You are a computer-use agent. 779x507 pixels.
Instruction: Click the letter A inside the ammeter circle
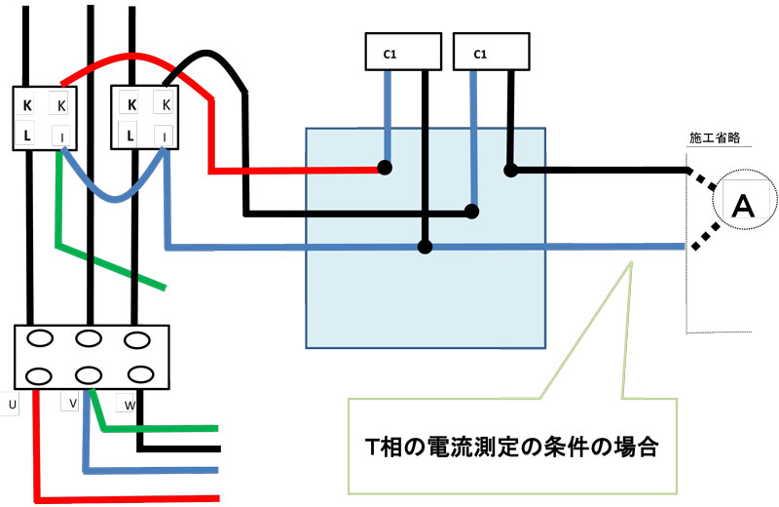(x=742, y=205)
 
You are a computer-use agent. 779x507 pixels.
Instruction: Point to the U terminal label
(x=12, y=403)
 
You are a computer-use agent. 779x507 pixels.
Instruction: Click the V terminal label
(x=74, y=403)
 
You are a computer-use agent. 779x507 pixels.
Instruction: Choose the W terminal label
(x=130, y=403)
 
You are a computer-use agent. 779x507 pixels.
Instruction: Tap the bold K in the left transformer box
(x=27, y=104)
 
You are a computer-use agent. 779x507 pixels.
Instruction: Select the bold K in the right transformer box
(x=131, y=104)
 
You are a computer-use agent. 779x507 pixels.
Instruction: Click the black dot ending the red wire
(x=386, y=168)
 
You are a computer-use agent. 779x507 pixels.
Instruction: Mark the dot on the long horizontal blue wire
(x=425, y=247)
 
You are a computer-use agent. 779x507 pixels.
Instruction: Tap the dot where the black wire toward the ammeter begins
(x=510, y=171)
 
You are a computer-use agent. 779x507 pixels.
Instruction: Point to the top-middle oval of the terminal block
(x=90, y=339)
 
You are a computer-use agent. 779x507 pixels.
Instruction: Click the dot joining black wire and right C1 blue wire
(x=473, y=210)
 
